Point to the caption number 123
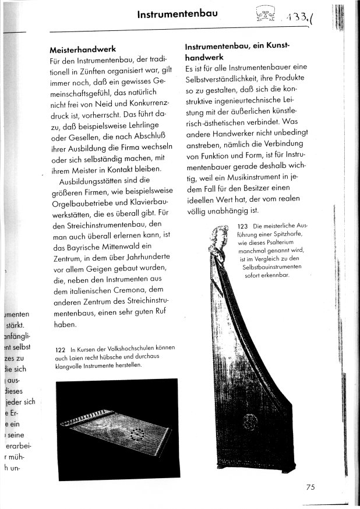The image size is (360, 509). [x=243, y=226]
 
